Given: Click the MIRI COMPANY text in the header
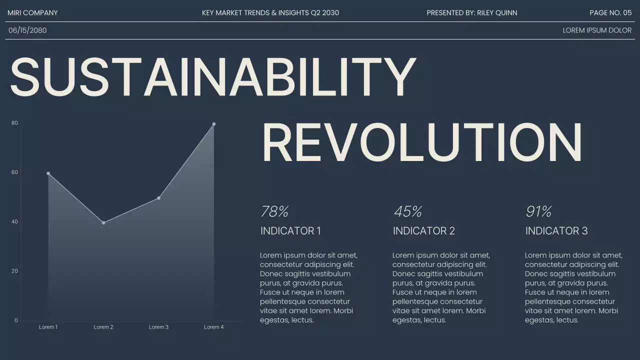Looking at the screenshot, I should coord(32,13).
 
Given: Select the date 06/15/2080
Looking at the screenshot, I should coord(27,30).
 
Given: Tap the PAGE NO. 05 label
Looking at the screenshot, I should coord(610,13).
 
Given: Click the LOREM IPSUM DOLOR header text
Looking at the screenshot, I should coord(597,30).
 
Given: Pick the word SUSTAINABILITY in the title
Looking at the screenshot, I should coord(213,77).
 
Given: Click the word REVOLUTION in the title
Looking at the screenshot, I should coord(422,142).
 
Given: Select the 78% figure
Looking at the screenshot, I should coord(274,211).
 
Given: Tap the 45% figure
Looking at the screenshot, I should coord(407,211).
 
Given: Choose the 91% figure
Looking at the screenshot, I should coord(538,211).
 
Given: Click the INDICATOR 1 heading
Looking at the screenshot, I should coord(290,231).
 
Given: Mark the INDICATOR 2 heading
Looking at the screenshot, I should coord(423,231).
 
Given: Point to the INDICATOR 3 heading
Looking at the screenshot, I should coord(556,231).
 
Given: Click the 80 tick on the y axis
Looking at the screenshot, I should coord(14,123).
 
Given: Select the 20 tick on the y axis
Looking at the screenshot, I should coord(14,271).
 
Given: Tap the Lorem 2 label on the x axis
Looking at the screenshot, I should coord(103,327).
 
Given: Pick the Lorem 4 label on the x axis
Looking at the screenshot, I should coord(214,327).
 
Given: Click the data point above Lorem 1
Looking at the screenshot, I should coord(48,173).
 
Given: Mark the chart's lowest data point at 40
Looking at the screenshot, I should coord(103,222).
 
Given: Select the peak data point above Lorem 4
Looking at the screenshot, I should coord(214,124).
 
